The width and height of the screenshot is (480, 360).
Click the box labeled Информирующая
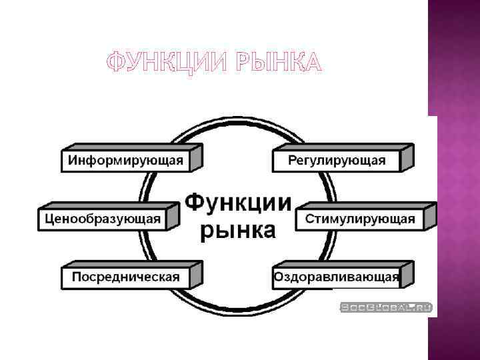pyautogui.click(x=125, y=161)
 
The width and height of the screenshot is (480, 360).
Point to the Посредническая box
pyautogui.click(x=125, y=277)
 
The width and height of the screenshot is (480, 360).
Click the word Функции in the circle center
pyautogui.click(x=238, y=201)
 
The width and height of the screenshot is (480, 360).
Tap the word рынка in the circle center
pyautogui.click(x=238, y=230)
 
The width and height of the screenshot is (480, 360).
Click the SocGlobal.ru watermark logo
pyautogui.click(x=387, y=307)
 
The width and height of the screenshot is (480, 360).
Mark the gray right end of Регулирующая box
pyautogui.click(x=407, y=158)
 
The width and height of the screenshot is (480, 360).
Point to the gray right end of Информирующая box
pyautogui.click(x=196, y=158)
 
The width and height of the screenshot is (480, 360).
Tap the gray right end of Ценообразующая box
pyautogui.click(x=173, y=216)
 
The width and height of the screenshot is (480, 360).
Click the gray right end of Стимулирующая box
pyautogui.click(x=430, y=216)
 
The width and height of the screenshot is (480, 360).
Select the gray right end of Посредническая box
pyautogui.click(x=196, y=274)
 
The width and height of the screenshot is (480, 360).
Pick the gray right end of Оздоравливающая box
pyautogui.click(x=407, y=274)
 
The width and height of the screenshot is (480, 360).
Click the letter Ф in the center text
pyautogui.click(x=194, y=202)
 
